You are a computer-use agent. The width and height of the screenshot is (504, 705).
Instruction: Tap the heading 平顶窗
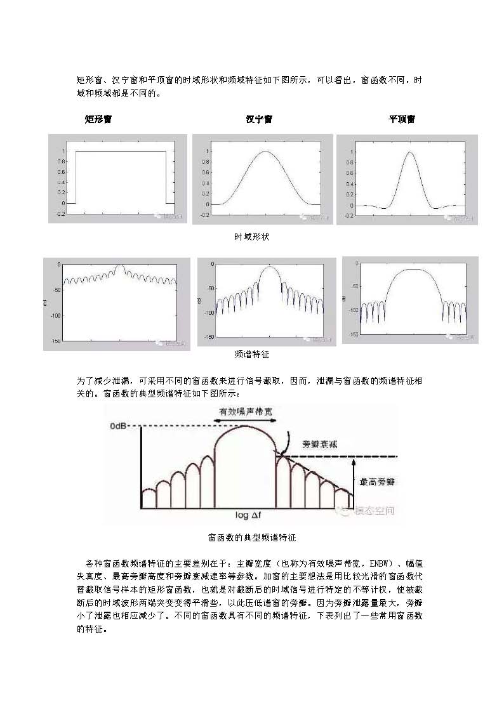click(402, 119)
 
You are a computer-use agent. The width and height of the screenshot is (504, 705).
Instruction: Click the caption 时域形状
click(252, 236)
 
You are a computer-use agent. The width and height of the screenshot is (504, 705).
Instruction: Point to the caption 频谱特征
click(252, 354)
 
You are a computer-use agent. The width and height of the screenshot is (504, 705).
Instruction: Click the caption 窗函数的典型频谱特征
click(252, 537)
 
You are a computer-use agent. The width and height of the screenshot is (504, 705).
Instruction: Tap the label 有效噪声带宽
click(246, 411)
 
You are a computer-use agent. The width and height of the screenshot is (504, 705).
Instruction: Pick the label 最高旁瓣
click(377, 482)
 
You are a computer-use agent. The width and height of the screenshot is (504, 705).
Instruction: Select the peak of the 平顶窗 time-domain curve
click(409, 152)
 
